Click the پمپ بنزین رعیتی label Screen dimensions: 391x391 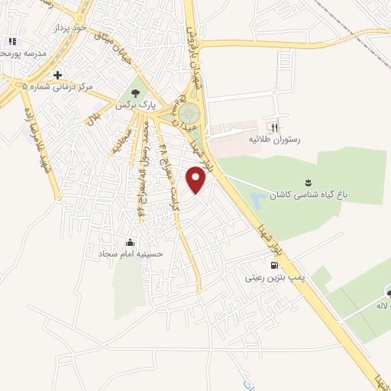coord(274,279)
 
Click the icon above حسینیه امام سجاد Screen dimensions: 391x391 coord(140,238)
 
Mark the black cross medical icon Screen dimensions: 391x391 coord(58,74)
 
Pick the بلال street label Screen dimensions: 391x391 coord(94,118)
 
